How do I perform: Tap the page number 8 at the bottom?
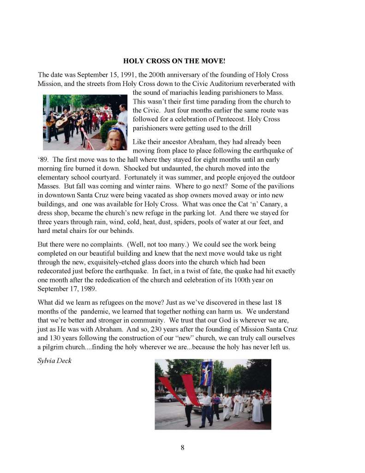[183, 447]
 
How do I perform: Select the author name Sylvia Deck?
[54, 360]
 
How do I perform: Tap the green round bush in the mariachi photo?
[108, 129]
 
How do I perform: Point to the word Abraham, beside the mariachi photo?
[210, 141]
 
